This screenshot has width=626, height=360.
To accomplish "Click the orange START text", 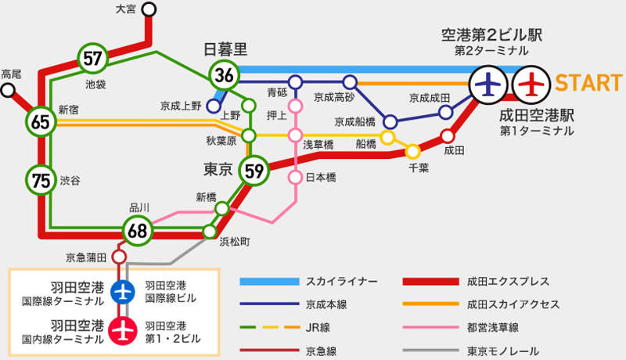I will [588, 81].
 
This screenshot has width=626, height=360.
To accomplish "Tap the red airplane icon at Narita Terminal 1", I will [531, 81].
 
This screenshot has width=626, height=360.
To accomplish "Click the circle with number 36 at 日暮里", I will [225, 75].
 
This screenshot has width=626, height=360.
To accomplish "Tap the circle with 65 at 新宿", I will [41, 121].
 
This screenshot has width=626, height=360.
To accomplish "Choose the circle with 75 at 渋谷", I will [41, 179].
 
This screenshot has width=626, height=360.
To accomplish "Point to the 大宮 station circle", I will [149, 9].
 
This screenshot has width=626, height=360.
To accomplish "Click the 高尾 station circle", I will [9, 90].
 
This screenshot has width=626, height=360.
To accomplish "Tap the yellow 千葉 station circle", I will [412, 151].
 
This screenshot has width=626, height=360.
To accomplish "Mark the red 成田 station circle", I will [448, 135].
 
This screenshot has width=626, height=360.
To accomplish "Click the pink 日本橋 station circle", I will [295, 178].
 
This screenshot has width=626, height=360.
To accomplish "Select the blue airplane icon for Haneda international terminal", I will [121, 291].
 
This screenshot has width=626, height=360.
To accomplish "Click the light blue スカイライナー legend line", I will [270, 281].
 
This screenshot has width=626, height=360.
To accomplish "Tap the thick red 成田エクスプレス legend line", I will [430, 281].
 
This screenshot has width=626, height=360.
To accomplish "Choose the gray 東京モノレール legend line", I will [430, 351].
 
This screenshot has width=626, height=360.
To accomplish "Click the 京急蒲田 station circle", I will [119, 257].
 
